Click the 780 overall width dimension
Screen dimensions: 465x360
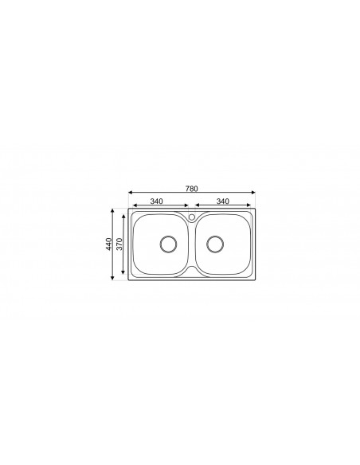pyautogui.click(x=191, y=189)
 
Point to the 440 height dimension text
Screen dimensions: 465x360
pyautogui.click(x=109, y=244)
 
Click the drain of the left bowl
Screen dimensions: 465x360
pyautogui.click(x=168, y=244)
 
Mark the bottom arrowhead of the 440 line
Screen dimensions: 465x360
pyautogui.click(x=113, y=279)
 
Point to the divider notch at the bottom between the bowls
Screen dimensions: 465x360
pyautogui.click(x=191, y=272)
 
